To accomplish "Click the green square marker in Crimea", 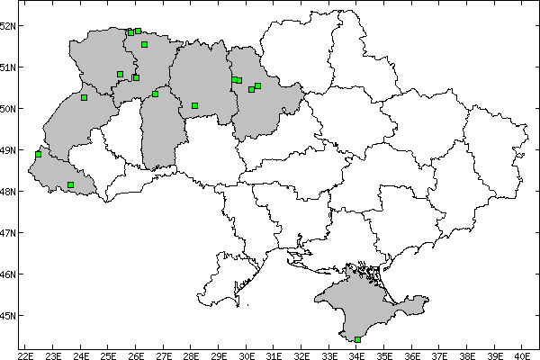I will point(358,339).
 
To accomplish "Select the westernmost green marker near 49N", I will point(38,154).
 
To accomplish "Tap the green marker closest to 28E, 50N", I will point(194,105).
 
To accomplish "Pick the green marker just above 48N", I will point(70,184).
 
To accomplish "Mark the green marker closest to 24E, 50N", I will point(84,97).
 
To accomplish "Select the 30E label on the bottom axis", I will point(247,353).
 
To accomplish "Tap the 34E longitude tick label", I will point(357,353).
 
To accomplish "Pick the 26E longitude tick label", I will point(137,353).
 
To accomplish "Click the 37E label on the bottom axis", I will point(440,353).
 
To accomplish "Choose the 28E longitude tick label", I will point(192,353).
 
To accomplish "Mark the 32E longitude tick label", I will point(302,353).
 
